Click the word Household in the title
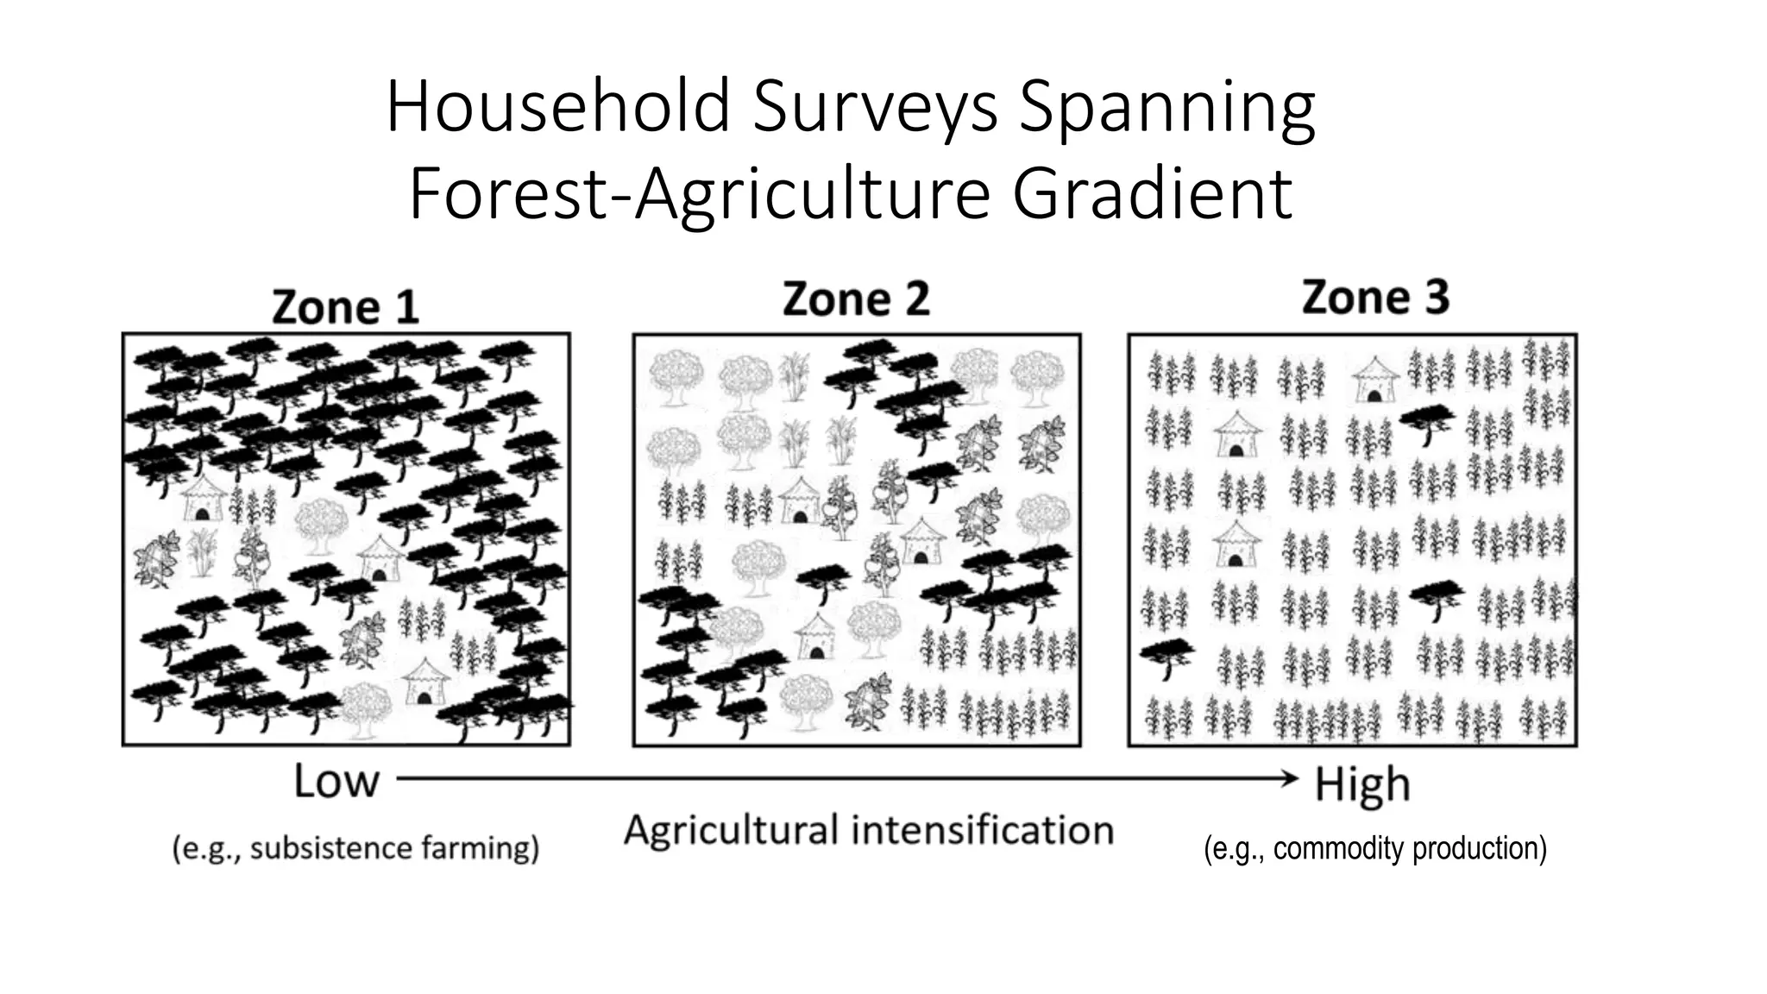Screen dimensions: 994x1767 click(x=557, y=108)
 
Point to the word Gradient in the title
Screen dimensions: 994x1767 click(x=1152, y=194)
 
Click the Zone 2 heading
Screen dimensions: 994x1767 click(x=856, y=299)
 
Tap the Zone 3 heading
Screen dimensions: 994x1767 click(x=1375, y=297)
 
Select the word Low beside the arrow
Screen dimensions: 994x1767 click(x=336, y=782)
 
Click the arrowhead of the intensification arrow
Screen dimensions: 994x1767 click(x=1291, y=779)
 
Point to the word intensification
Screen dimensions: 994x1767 click(x=983, y=831)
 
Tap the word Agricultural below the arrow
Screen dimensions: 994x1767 click(x=731, y=831)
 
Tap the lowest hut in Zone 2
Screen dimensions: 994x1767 click(x=815, y=636)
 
